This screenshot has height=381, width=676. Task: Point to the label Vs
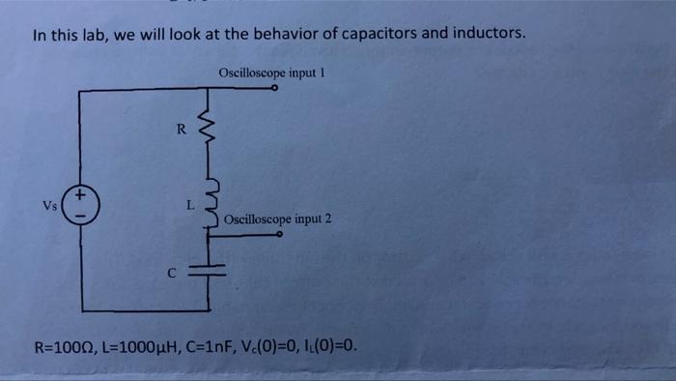click(49, 205)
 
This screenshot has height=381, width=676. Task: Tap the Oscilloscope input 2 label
click(277, 220)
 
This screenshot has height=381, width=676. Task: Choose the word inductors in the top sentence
click(487, 34)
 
